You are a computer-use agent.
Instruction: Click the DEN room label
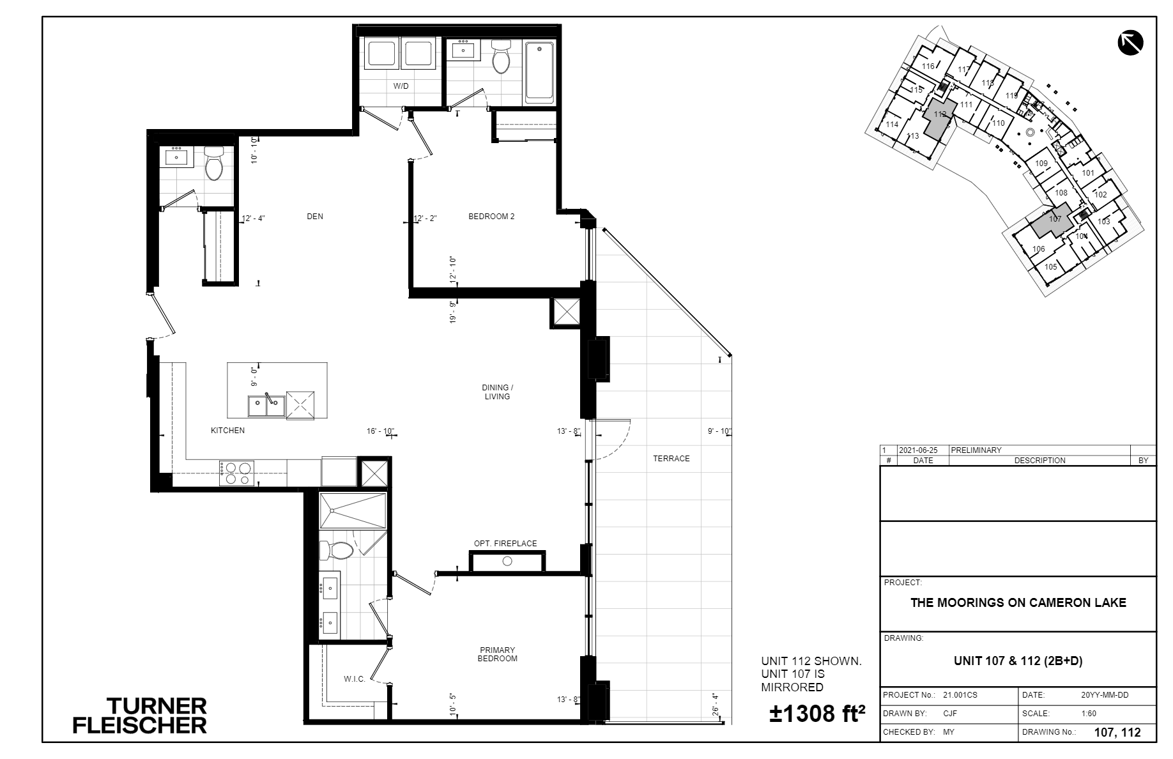pos(315,217)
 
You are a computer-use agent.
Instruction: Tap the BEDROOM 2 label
pos(491,217)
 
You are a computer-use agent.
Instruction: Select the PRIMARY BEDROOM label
pos(498,654)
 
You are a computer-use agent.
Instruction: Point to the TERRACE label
pos(671,458)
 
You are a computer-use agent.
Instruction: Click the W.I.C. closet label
pos(355,679)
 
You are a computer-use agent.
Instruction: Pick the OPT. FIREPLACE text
pos(505,544)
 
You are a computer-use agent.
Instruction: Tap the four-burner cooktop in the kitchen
pos(237,473)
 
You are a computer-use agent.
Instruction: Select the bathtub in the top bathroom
pos(539,73)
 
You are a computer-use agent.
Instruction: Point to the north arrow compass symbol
pos(1130,43)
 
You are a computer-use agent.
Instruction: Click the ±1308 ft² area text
pos(817,714)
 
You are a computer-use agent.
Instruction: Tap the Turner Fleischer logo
pos(140,716)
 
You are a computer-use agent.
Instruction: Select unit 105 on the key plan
pos(1050,267)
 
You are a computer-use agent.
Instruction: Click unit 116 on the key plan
pos(928,66)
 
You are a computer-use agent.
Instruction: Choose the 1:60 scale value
pos(1089,714)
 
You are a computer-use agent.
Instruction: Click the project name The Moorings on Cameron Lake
pos(1018,602)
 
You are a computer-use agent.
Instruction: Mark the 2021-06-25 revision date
pos(917,450)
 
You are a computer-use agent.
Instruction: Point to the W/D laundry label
pos(401,86)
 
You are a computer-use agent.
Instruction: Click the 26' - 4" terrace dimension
pos(716,704)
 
